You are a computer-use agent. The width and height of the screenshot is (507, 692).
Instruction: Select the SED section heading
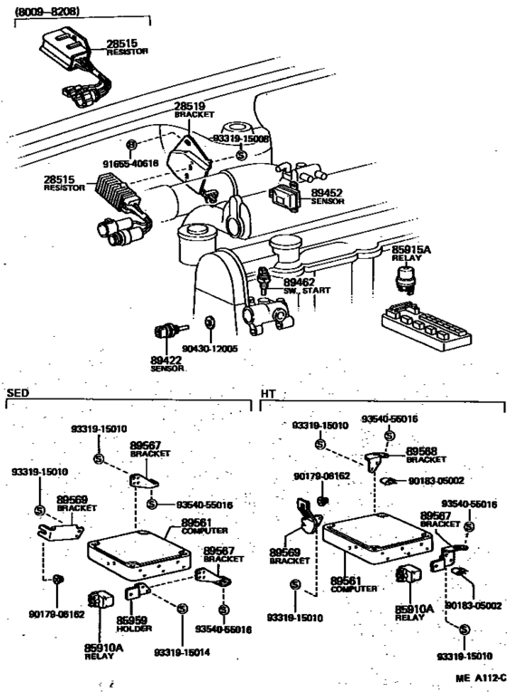[17, 394]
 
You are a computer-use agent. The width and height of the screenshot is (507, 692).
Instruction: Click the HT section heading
[267, 394]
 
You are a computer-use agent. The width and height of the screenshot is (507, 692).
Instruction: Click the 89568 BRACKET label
[422, 455]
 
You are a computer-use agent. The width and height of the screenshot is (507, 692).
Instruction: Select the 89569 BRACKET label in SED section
[72, 503]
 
